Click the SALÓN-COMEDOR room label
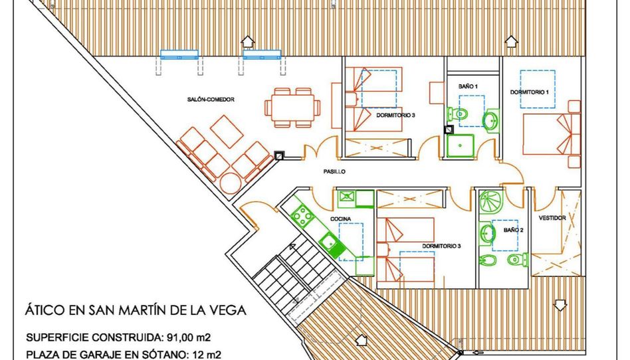pos(211,99)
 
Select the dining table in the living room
pos(292,108)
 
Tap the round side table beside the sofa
pos(231,183)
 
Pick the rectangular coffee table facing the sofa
pos(227,132)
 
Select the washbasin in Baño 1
pos(490,120)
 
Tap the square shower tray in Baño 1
pos(461,146)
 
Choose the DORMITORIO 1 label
pos(530,92)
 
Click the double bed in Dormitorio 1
pos(552,134)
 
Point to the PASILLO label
pos(334,171)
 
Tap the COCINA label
pos(340,219)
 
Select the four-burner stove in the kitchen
pos(303,217)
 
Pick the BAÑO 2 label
pos(514,230)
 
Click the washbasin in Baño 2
pos(487,232)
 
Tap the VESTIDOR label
pos(552,218)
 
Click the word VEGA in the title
pos(229,310)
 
